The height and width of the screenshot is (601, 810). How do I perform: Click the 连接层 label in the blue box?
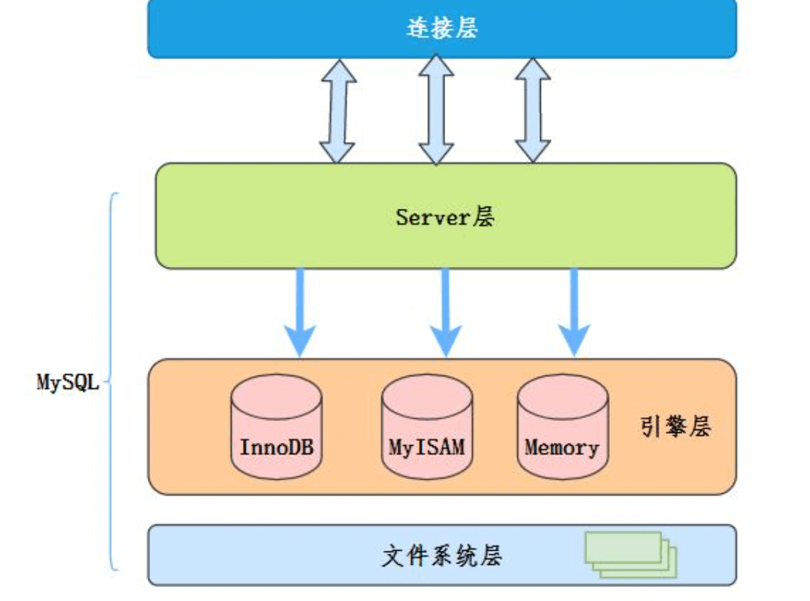442,29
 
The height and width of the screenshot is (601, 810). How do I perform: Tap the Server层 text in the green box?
445,217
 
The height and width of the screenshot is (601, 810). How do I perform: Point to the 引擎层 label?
675,427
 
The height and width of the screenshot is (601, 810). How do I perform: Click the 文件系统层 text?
442,556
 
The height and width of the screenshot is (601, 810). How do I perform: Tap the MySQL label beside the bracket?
67,383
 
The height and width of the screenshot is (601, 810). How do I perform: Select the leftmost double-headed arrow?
337,111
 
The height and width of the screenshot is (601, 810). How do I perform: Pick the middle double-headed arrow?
436,110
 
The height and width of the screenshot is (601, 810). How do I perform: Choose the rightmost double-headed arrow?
533,110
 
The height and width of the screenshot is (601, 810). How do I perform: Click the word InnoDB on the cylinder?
276,446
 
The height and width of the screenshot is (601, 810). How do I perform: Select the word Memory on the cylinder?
562,446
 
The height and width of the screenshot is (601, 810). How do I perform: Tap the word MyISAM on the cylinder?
426,446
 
